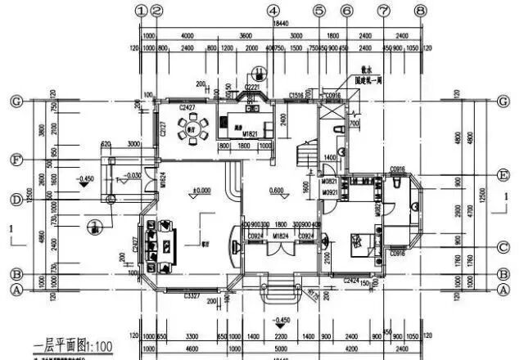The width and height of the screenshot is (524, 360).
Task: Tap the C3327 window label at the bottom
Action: coord(192,294)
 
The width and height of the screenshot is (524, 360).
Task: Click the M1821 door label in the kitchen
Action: coord(230,134)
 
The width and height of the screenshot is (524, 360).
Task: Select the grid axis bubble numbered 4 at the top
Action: coord(273,11)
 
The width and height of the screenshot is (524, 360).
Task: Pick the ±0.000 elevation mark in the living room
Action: coord(200,192)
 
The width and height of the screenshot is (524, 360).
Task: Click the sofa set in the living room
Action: coord(157,245)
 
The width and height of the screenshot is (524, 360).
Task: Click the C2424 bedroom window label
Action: coord(353,280)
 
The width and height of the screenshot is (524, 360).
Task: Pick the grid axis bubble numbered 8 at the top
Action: coord(420,11)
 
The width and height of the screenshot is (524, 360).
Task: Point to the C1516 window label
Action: coord(298,96)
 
